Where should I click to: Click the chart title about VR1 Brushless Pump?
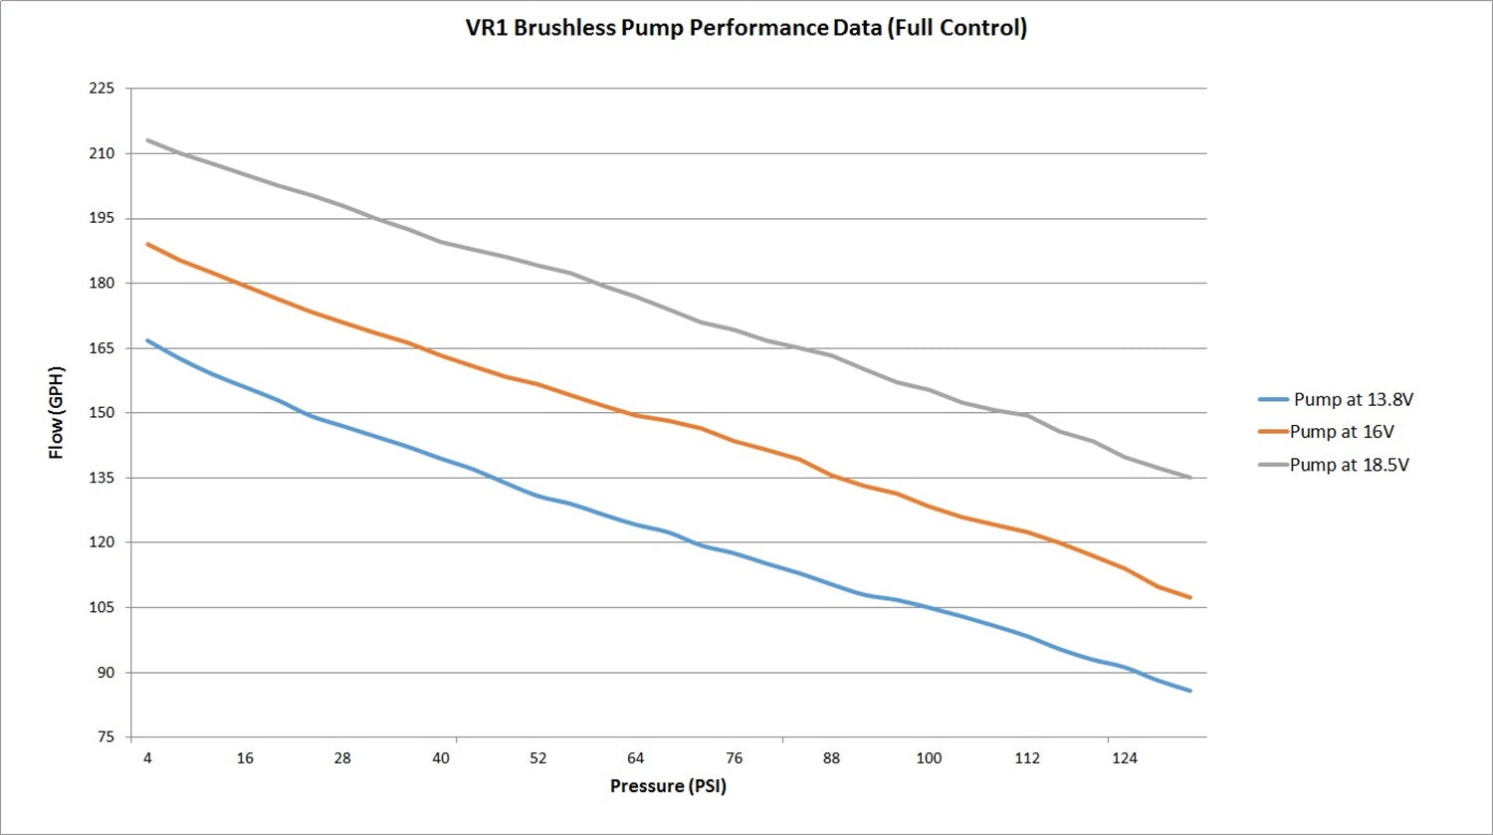(746, 28)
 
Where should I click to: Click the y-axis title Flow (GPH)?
(57, 413)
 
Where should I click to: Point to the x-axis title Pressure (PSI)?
(668, 786)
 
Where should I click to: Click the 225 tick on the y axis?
(102, 89)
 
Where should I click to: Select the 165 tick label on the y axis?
(102, 348)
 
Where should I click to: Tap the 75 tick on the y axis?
(106, 737)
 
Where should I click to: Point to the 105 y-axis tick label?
(102, 608)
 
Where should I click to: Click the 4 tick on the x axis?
(147, 758)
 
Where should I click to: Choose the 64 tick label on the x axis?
(636, 758)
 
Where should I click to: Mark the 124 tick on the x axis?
(1124, 758)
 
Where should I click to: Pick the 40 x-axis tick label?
(441, 758)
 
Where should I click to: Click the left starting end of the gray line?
(147, 140)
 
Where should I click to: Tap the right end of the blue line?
(1190, 691)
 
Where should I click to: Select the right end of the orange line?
(1190, 597)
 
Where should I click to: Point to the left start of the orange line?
(147, 244)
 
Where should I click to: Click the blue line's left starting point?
(147, 340)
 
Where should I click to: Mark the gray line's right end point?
(1190, 478)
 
